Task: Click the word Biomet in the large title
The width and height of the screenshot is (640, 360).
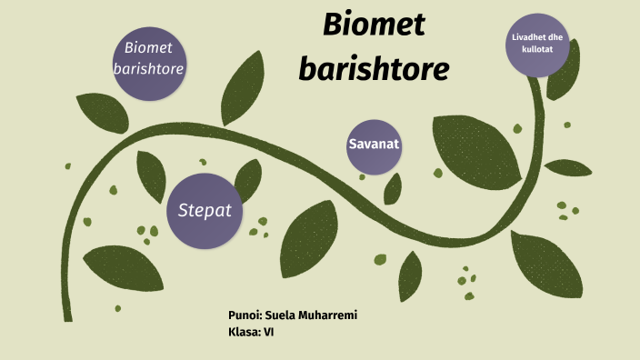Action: click(x=374, y=25)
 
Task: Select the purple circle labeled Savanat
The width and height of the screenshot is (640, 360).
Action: click(x=374, y=145)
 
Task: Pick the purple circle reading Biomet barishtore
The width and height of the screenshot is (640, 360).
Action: click(x=149, y=57)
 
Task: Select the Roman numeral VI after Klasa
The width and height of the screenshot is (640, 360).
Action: click(x=269, y=332)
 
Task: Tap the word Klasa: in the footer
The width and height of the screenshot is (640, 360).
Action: click(x=245, y=332)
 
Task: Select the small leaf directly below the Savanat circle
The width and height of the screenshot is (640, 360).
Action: click(x=393, y=188)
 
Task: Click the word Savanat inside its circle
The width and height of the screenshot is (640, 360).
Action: click(x=374, y=145)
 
